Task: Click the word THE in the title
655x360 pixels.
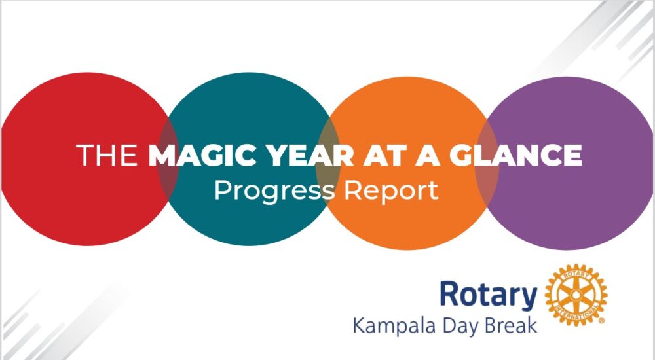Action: pyautogui.click(x=107, y=155)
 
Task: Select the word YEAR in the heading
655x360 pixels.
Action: pyautogui.click(x=310, y=155)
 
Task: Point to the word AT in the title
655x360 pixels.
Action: pyautogui.click(x=382, y=155)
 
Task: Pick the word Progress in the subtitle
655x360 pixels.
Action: pyautogui.click(x=274, y=192)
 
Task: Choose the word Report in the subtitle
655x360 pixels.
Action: pyautogui.click(x=391, y=192)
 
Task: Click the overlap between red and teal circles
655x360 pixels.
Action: pyautogui.click(x=168, y=159)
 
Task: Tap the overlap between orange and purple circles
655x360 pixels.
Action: pyautogui.click(x=487, y=163)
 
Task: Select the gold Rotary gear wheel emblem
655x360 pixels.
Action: pyautogui.click(x=576, y=295)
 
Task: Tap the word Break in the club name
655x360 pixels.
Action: pyautogui.click(x=510, y=326)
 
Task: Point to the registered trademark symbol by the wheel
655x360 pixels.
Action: pyautogui.click(x=601, y=321)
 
